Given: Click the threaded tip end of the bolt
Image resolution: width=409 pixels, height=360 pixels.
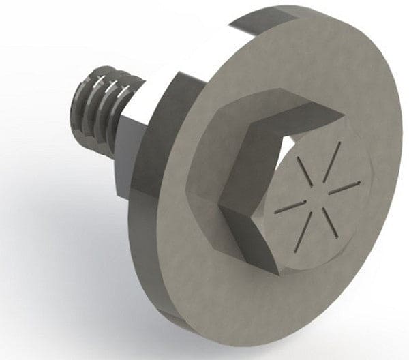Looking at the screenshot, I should click(78, 109).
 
